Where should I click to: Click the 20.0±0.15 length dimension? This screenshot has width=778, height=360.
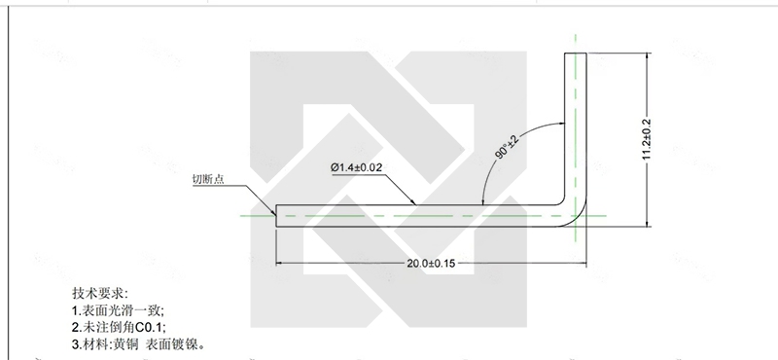coord(431,263)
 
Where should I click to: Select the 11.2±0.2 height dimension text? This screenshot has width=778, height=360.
coord(646,139)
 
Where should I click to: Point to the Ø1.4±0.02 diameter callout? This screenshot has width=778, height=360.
coord(356,167)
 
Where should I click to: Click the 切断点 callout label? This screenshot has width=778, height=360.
coord(208,179)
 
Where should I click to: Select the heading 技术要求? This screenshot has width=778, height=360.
coord(100,293)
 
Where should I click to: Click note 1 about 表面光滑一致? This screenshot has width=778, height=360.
coord(118,310)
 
